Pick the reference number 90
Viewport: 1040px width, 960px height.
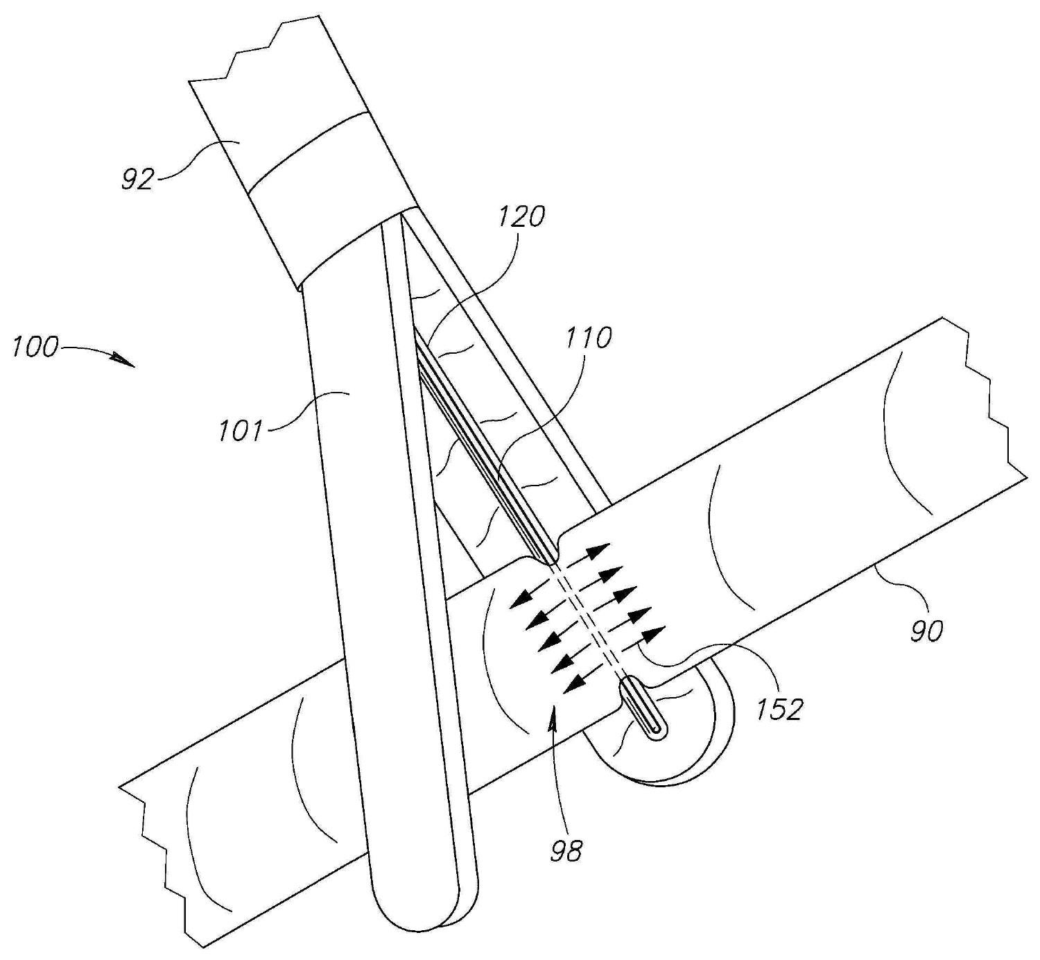coord(926,631)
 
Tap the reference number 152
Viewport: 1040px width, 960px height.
coord(780,709)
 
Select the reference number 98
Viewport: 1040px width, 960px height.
coord(566,850)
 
